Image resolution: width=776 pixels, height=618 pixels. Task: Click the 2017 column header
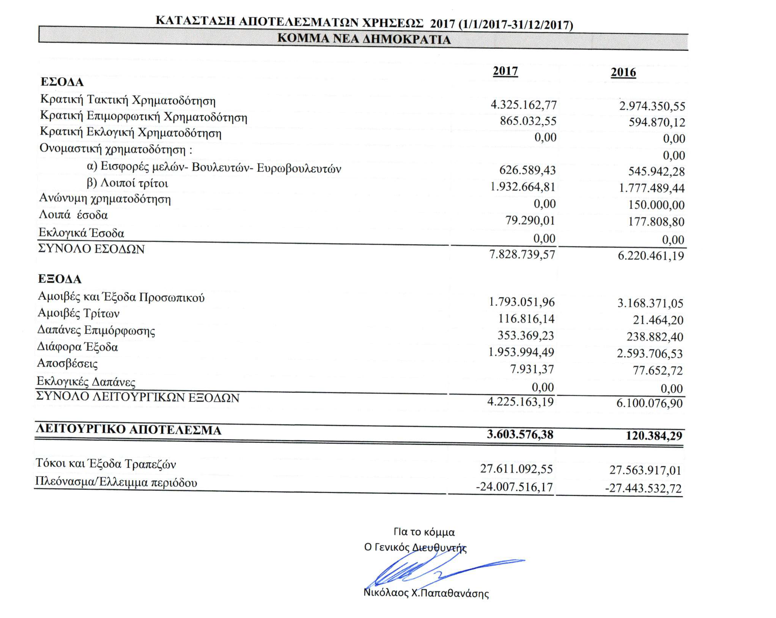[x=505, y=71]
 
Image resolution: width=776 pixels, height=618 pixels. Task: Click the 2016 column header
[x=623, y=72]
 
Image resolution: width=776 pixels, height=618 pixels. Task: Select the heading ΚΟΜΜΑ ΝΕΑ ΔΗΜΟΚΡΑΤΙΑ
[x=364, y=39]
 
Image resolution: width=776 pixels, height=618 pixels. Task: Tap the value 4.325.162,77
[x=523, y=105]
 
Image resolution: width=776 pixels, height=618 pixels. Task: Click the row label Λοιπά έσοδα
[x=74, y=215]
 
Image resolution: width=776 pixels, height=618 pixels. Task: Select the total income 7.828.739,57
[x=522, y=255]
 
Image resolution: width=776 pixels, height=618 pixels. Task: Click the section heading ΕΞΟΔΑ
[x=60, y=279]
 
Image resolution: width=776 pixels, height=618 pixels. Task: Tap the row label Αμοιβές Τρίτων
[x=79, y=314]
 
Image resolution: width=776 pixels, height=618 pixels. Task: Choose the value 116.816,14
[x=526, y=319]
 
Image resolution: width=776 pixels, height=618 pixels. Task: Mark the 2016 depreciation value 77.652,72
[x=658, y=370]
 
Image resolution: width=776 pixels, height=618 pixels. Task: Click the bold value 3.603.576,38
[x=520, y=435]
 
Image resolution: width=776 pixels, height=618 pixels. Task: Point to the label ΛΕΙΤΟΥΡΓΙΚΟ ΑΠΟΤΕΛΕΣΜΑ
[x=129, y=430]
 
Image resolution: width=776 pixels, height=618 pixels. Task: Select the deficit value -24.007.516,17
[x=514, y=486]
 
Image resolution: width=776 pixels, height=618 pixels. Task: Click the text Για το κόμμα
[x=424, y=532]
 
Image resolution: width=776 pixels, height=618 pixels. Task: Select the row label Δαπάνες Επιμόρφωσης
[x=96, y=331]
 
